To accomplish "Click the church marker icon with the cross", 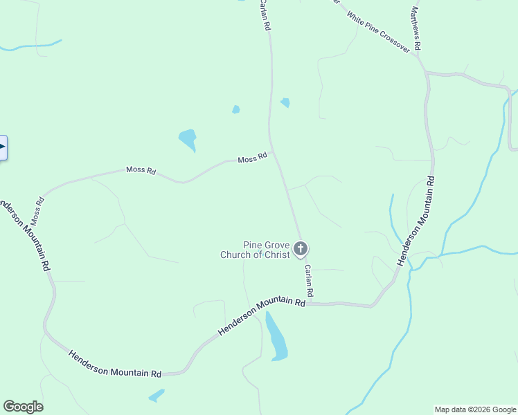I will [x=300, y=248].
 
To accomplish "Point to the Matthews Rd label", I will [x=416, y=28].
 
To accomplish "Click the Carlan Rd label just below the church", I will [x=308, y=282].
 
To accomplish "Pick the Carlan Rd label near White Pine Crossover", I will [x=265, y=15].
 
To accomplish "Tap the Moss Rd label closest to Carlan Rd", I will [x=252, y=159].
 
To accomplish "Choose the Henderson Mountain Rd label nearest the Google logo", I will [x=115, y=364].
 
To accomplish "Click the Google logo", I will [x=23, y=407].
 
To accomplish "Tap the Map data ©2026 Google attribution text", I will [x=474, y=409].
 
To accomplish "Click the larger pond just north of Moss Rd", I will [x=188, y=139].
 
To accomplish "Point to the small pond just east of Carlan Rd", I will [x=285, y=102].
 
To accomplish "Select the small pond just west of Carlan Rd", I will [x=236, y=109].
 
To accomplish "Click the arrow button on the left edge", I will [x=3, y=147].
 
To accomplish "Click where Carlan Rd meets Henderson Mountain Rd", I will [x=310, y=303].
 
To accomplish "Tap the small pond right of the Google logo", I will [x=157, y=396].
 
